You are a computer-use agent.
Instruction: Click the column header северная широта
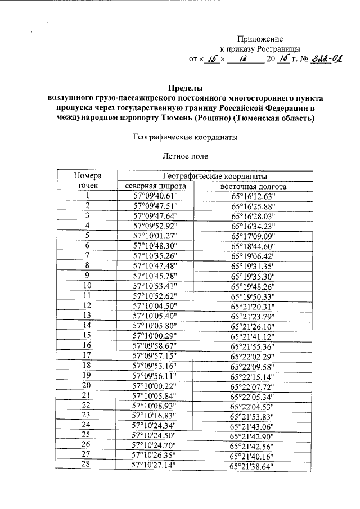coord(155,186)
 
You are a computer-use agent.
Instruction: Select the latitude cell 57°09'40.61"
coord(155,196)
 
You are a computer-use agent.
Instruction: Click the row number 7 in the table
coord(87,255)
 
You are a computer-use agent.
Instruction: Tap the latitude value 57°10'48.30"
coord(155,245)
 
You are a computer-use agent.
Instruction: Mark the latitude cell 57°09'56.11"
coord(155,375)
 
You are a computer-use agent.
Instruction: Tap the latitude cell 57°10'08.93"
coord(155,404)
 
